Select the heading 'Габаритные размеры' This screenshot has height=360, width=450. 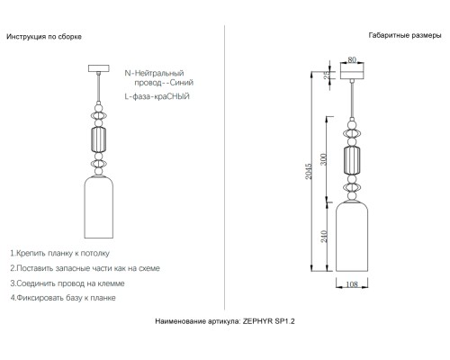tap(404, 37)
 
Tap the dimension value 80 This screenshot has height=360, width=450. tap(352, 60)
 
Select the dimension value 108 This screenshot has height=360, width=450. tap(353, 283)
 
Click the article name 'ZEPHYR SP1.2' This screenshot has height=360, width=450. tap(271, 319)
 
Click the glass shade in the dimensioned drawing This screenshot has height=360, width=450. tap(352, 238)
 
